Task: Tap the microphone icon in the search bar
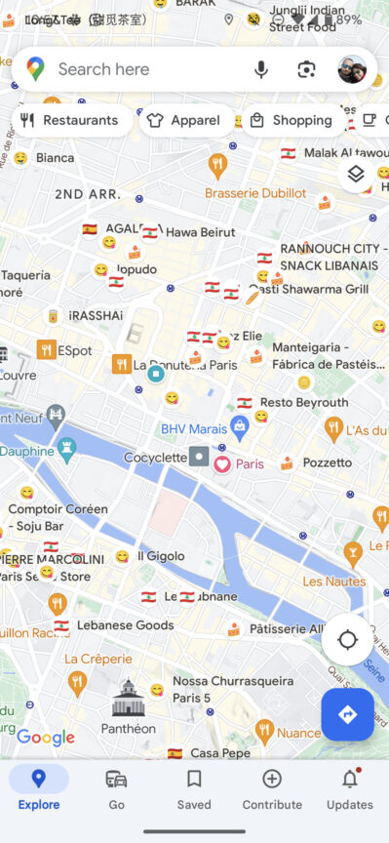click(261, 69)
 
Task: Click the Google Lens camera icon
click(307, 69)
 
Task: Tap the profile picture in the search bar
click(352, 69)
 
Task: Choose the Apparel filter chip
click(182, 121)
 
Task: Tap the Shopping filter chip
click(291, 121)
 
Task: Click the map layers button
click(356, 174)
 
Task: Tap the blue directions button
click(347, 714)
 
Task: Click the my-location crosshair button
click(347, 640)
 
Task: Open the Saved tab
click(194, 788)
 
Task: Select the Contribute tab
click(272, 788)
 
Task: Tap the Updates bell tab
click(349, 788)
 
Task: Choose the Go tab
click(116, 788)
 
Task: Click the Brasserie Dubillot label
click(255, 193)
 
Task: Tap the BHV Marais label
click(195, 426)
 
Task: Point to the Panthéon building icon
click(128, 699)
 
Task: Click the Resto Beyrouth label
click(304, 402)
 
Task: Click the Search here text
click(103, 69)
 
